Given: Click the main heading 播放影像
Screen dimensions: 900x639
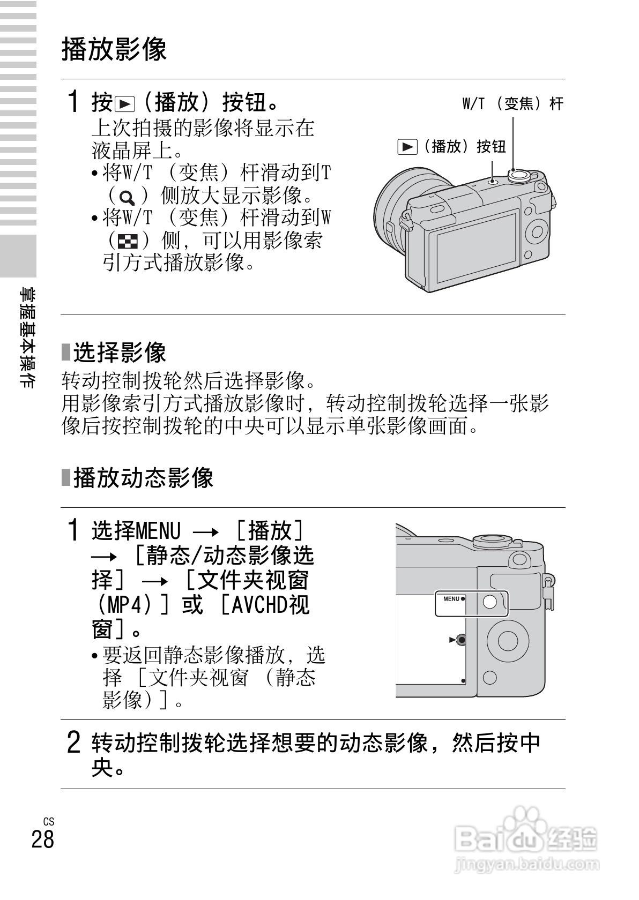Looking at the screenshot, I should (x=114, y=49).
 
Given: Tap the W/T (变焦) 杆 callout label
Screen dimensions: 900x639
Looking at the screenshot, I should (x=512, y=103).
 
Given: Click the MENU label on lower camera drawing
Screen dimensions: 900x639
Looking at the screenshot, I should (x=451, y=599).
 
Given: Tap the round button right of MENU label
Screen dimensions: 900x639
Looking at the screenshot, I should (x=490, y=602).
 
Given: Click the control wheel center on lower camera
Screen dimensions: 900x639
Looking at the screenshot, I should (x=506, y=640).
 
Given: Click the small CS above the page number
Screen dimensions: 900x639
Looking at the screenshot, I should (x=49, y=822).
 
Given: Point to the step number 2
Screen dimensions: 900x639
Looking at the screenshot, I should (x=74, y=742).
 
